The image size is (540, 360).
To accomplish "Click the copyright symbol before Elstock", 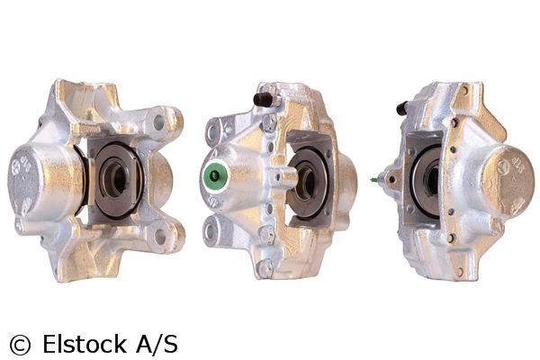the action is coord(20,344).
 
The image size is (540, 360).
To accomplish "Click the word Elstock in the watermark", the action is coord(85,344).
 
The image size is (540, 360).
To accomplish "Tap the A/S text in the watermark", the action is coord(157,344).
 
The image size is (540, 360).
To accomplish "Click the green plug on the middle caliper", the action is coord(214,176).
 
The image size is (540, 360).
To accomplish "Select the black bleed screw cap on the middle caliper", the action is coord(264,99).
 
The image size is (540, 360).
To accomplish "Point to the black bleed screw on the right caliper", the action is coord(401,108).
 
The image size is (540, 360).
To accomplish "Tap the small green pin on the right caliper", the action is coord(374,180).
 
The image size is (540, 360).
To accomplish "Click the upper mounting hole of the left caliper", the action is coord(159,122).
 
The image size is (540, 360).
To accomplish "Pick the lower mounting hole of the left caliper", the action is coord(160,236).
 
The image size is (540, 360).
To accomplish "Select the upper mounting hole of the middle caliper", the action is coord(212,130).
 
